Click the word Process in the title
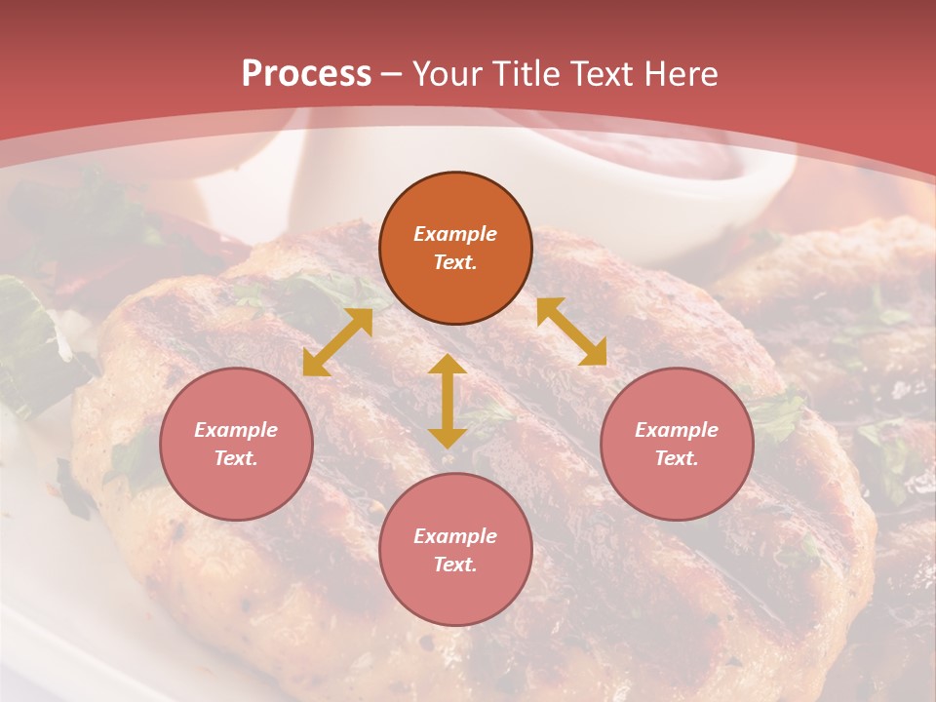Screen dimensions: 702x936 click(x=306, y=73)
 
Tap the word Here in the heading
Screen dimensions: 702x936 click(x=679, y=73)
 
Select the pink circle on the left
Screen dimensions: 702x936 click(x=236, y=444)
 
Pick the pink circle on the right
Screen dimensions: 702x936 click(x=677, y=444)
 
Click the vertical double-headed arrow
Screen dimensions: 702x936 click(x=448, y=402)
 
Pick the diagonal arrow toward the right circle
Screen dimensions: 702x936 click(x=571, y=331)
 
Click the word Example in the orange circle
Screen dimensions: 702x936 click(x=455, y=234)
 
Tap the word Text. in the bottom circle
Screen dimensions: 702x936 click(x=455, y=565)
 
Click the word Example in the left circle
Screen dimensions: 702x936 click(x=236, y=430)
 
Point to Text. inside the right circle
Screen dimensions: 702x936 click(x=677, y=458)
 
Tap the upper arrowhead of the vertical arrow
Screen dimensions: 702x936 click(x=448, y=365)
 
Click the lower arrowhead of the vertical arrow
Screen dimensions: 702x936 click(x=448, y=438)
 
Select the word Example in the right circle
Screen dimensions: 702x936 click(x=677, y=430)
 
